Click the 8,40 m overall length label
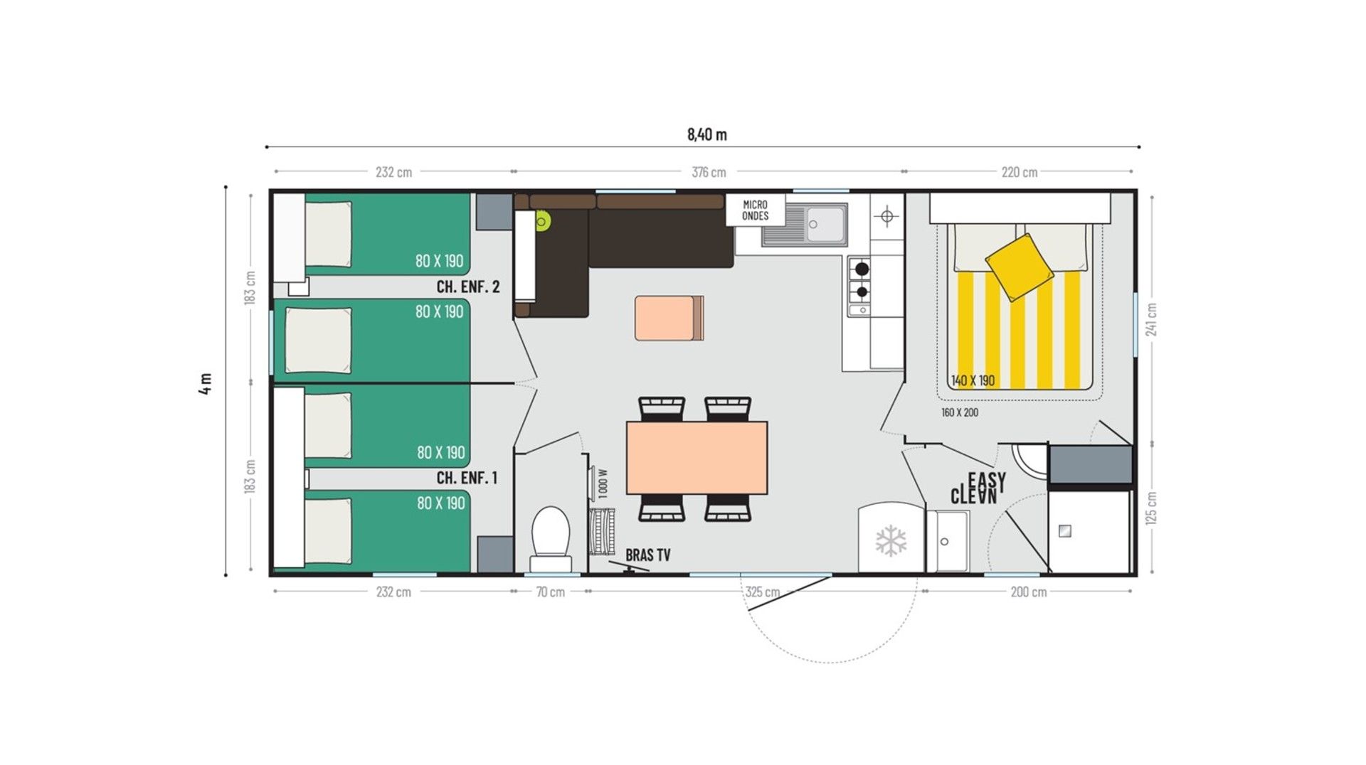(706, 134)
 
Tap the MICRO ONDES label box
(755, 210)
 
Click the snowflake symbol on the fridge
(890, 541)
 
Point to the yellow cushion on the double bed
(1019, 267)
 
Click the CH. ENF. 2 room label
(467, 287)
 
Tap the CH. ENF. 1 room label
(467, 478)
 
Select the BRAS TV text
(647, 555)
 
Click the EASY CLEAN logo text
(978, 488)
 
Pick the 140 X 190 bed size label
(973, 381)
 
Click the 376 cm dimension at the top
(709, 172)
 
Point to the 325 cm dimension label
(762, 592)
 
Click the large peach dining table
(697, 457)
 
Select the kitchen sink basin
(825, 223)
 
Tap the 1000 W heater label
(603, 483)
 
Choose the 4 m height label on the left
(206, 383)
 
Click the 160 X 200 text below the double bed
(959, 412)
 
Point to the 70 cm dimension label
(550, 592)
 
